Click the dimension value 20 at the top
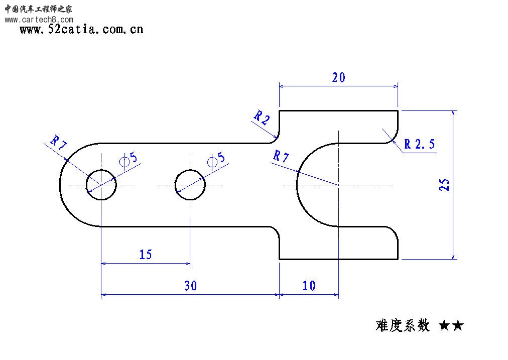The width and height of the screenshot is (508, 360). click(x=338, y=78)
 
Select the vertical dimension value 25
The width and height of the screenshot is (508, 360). click(x=444, y=184)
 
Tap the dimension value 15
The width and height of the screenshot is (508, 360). click(x=145, y=255)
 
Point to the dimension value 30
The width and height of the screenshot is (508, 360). click(x=190, y=286)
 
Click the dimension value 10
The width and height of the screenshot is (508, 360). click(x=309, y=286)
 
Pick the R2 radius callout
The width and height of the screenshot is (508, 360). click(x=262, y=118)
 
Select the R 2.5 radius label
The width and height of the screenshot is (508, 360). click(x=420, y=145)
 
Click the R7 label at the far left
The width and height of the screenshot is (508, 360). click(x=58, y=143)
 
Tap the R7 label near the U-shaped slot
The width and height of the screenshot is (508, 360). click(x=281, y=157)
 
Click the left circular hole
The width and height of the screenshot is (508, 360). click(x=101, y=185)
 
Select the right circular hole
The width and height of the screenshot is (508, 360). click(x=190, y=185)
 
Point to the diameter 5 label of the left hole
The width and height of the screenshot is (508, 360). click(x=129, y=159)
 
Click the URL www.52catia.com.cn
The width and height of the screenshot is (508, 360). click(x=81, y=30)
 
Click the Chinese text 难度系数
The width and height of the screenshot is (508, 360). click(x=403, y=326)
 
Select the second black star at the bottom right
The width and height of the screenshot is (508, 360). click(x=457, y=326)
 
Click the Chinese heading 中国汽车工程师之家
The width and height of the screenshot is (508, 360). click(x=39, y=9)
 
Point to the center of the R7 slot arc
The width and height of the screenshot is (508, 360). click(x=339, y=185)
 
